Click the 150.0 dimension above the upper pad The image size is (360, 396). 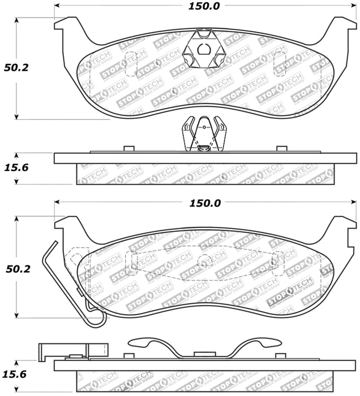205,7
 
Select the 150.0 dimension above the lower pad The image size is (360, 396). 205,203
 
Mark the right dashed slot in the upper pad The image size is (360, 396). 280,63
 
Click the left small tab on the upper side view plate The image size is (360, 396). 128,149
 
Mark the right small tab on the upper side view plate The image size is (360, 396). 281,149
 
